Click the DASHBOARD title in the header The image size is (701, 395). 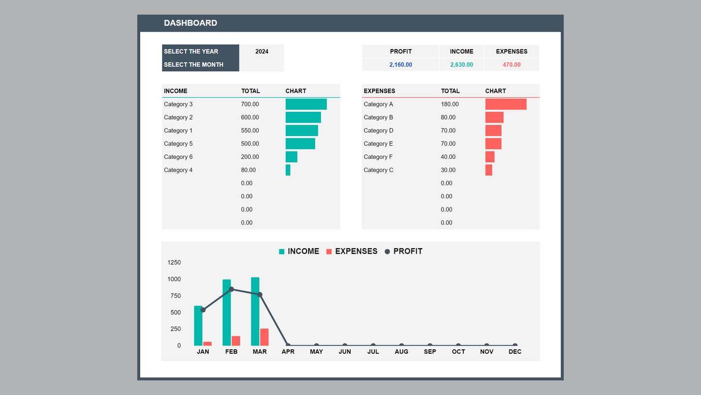190,23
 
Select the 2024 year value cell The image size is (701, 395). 261,52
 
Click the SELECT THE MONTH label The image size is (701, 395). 194,65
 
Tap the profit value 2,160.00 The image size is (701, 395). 400,65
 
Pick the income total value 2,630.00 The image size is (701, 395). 461,65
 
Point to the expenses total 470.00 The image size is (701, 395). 511,65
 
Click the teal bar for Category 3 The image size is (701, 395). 306,104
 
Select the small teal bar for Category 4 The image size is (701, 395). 288,170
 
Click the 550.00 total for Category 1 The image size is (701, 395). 250,131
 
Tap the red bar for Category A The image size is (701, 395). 505,104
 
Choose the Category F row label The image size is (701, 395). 378,157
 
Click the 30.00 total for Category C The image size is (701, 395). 448,170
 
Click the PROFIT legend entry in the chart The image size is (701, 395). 403,251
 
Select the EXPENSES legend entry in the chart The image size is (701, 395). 352,251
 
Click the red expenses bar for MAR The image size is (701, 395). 264,337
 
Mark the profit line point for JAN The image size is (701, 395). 203,310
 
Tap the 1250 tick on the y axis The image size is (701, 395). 174,262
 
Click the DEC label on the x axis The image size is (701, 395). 515,352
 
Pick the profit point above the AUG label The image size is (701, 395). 401,345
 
